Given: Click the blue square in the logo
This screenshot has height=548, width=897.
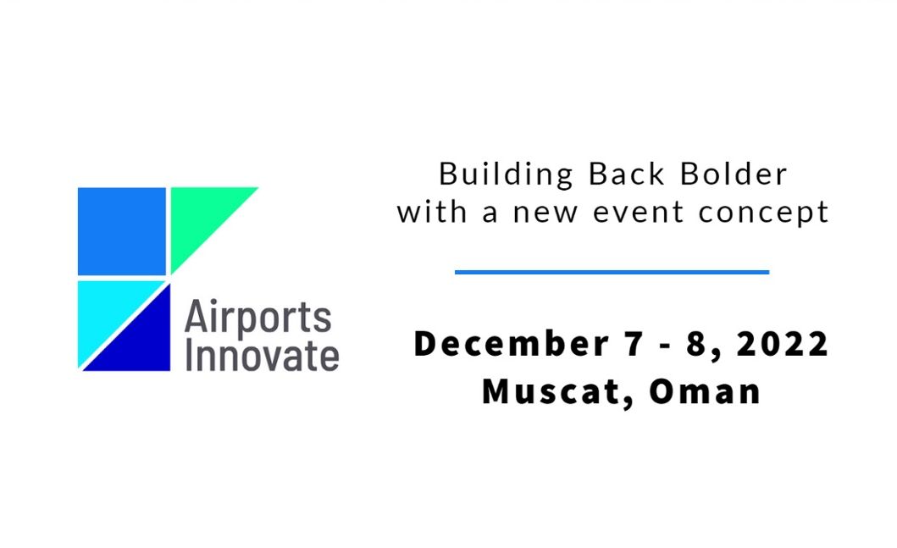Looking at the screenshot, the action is pos(122,231).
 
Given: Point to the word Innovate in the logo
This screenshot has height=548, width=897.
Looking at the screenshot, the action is pos(262,356).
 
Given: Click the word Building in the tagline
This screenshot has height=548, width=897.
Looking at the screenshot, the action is pos(506,174).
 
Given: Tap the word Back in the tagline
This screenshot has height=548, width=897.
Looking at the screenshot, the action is pos(627,174).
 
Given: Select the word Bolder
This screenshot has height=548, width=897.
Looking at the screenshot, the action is pos(734,174).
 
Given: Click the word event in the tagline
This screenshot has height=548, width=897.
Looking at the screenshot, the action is pos(638,213).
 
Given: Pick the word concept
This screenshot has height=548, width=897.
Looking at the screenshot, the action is pos(763,213).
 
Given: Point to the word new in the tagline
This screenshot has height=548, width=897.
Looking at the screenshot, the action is pos(545,213).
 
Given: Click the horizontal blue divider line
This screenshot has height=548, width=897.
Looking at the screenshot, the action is pos(612,272).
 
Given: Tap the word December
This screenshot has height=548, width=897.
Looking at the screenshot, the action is pos(511,344).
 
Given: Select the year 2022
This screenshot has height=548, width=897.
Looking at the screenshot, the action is pos(782,345).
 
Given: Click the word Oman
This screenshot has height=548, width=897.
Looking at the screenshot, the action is pos(705,392).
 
